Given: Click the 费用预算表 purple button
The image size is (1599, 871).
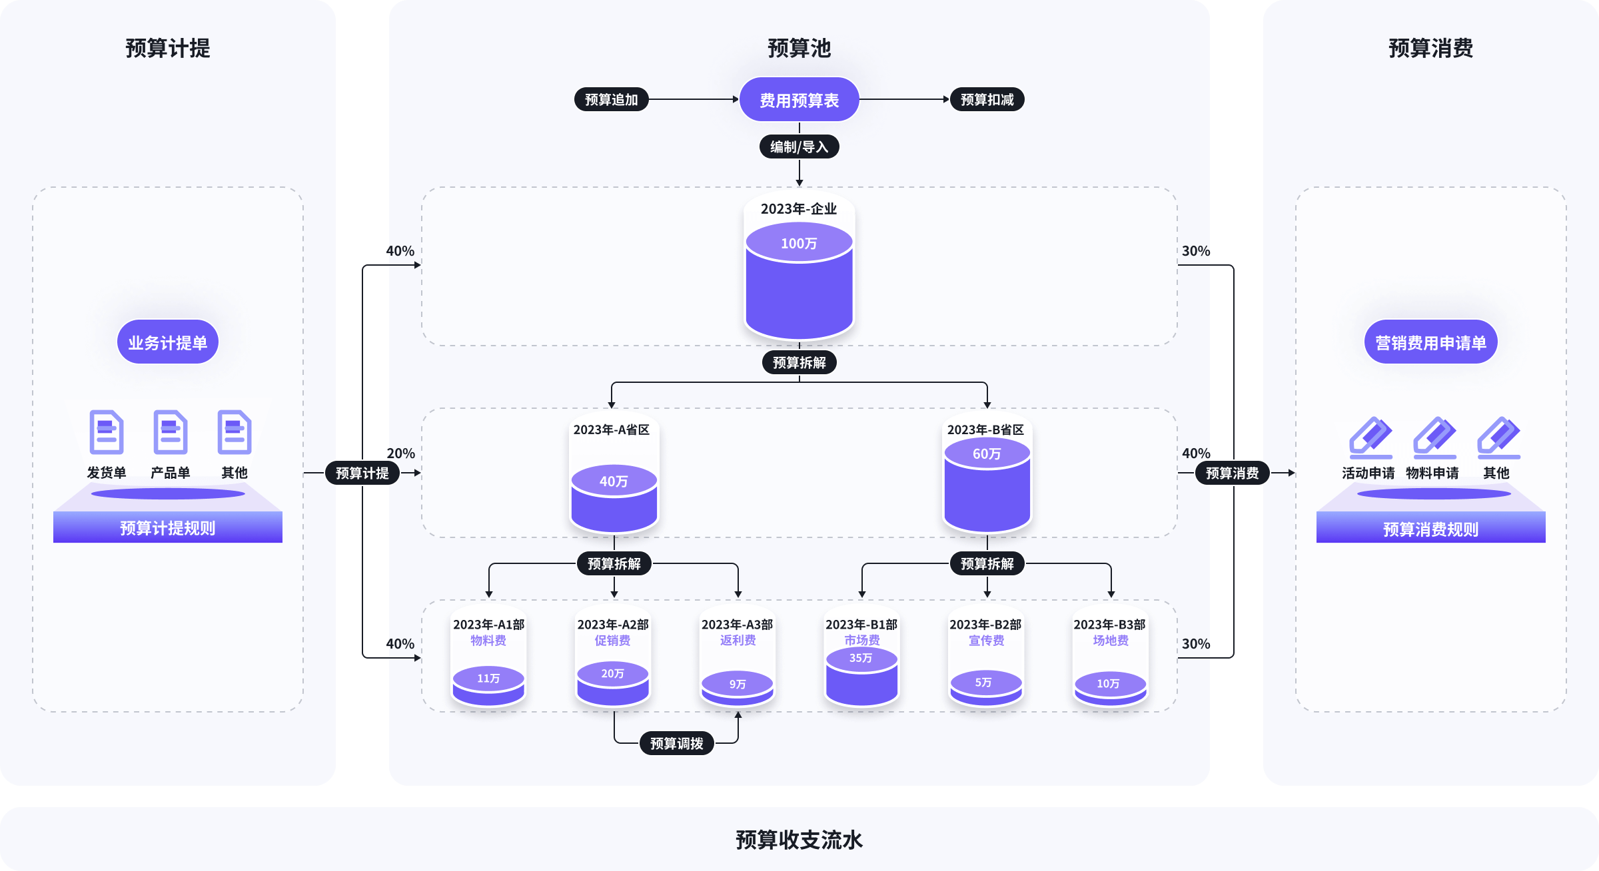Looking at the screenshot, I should (x=799, y=100).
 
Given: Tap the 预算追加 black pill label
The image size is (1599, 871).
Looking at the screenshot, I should (x=611, y=100).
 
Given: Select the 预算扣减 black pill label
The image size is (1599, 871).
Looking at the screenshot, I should (x=987, y=100).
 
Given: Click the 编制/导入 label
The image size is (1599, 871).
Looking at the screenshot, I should (x=799, y=146).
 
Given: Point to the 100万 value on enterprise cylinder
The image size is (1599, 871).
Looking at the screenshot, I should (x=799, y=244).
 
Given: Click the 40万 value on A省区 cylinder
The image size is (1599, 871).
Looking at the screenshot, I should (x=614, y=481).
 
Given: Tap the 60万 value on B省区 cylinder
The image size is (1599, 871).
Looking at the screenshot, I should (x=987, y=454).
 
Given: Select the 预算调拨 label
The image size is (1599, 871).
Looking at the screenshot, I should (x=676, y=743).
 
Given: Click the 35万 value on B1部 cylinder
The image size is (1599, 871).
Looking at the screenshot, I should (x=861, y=658).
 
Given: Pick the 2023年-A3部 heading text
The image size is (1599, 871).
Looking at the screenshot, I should (x=737, y=625).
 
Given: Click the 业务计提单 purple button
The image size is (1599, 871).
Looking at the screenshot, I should (x=168, y=342).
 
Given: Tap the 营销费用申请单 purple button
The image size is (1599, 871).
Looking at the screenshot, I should (x=1430, y=342).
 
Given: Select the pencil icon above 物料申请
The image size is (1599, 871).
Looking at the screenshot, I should (x=1434, y=437).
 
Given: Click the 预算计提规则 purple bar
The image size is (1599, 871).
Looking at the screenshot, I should (x=168, y=528).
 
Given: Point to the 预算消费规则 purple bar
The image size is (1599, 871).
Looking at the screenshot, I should (x=1430, y=529).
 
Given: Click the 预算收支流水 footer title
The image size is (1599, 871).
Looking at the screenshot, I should (x=799, y=840).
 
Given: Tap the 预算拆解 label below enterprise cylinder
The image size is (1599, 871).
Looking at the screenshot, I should (x=799, y=362).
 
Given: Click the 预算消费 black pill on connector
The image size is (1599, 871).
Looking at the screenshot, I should (x=1232, y=473).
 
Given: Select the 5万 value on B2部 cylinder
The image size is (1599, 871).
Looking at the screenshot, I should (x=983, y=683).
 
